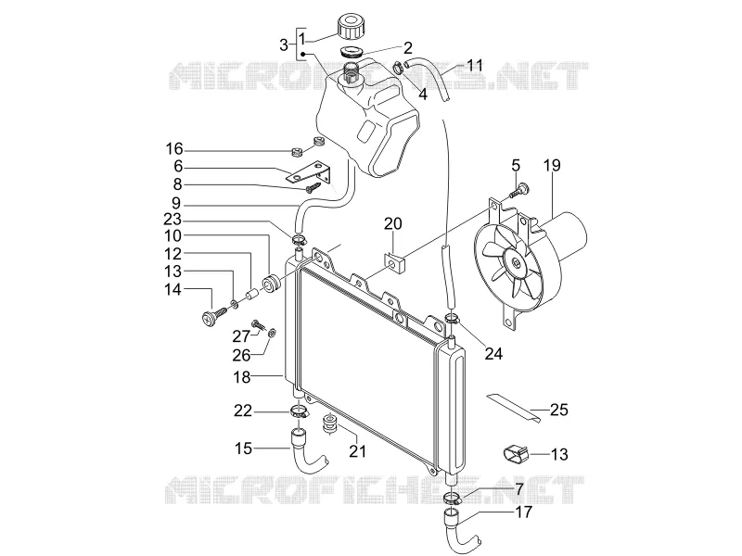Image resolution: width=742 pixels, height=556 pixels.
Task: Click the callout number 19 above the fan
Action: [x=552, y=165]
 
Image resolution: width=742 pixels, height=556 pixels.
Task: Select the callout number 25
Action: [x=559, y=409]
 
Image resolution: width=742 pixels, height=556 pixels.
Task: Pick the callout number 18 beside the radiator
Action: [x=242, y=377]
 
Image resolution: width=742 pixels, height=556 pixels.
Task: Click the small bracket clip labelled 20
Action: [x=396, y=263]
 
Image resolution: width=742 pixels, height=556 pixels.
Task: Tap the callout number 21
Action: [x=357, y=450]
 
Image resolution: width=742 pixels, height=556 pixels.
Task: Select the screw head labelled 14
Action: [x=208, y=317]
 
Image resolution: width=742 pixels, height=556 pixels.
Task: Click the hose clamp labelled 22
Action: [x=299, y=411]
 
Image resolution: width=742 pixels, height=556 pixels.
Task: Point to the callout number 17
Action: [x=523, y=512]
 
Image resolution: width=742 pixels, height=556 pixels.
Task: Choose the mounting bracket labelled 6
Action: [x=310, y=173]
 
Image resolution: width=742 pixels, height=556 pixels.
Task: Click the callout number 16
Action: [x=174, y=149]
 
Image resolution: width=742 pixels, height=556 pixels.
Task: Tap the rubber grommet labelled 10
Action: [x=272, y=282]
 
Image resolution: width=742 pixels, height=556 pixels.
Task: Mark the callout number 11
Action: [x=475, y=65]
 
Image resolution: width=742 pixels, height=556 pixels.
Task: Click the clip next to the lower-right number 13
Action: [x=515, y=453]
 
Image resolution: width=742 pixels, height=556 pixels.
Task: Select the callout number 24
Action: [x=493, y=353]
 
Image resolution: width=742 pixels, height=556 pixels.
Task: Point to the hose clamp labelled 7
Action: [x=453, y=498]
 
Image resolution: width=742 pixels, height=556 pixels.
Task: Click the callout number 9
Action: [x=175, y=203]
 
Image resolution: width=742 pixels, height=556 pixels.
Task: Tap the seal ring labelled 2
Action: [x=352, y=51]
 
